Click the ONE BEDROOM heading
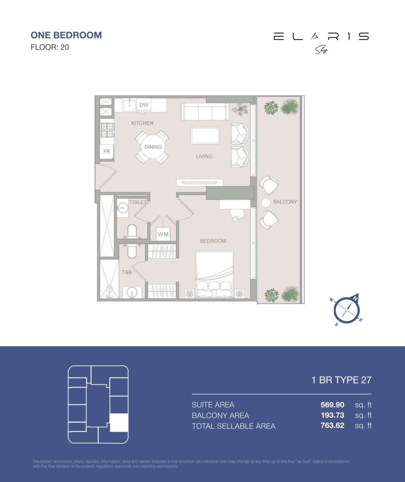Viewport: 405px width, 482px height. pyautogui.click(x=66, y=35)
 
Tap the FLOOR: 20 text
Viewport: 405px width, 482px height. pyautogui.click(x=50, y=47)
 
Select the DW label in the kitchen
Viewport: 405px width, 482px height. pyautogui.click(x=144, y=105)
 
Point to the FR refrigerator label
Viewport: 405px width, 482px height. pyautogui.click(x=106, y=151)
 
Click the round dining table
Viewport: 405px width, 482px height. pyautogui.click(x=153, y=147)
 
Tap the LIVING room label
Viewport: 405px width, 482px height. pyautogui.click(x=204, y=156)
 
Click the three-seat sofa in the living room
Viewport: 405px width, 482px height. pyautogui.click(x=205, y=111)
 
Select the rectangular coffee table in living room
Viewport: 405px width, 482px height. pyautogui.click(x=205, y=136)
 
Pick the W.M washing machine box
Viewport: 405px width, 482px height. pyautogui.click(x=163, y=234)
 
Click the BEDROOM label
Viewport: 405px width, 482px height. pyautogui.click(x=213, y=241)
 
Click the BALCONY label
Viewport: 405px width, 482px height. pyautogui.click(x=285, y=202)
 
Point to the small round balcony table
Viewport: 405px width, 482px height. pyautogui.click(x=266, y=203)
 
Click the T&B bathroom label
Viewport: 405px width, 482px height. pyautogui.click(x=127, y=272)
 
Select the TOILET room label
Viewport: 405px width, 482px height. pyautogui.click(x=137, y=202)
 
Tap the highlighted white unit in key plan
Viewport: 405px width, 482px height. pyautogui.click(x=119, y=422)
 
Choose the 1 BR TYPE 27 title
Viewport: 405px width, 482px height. pyautogui.click(x=341, y=380)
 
